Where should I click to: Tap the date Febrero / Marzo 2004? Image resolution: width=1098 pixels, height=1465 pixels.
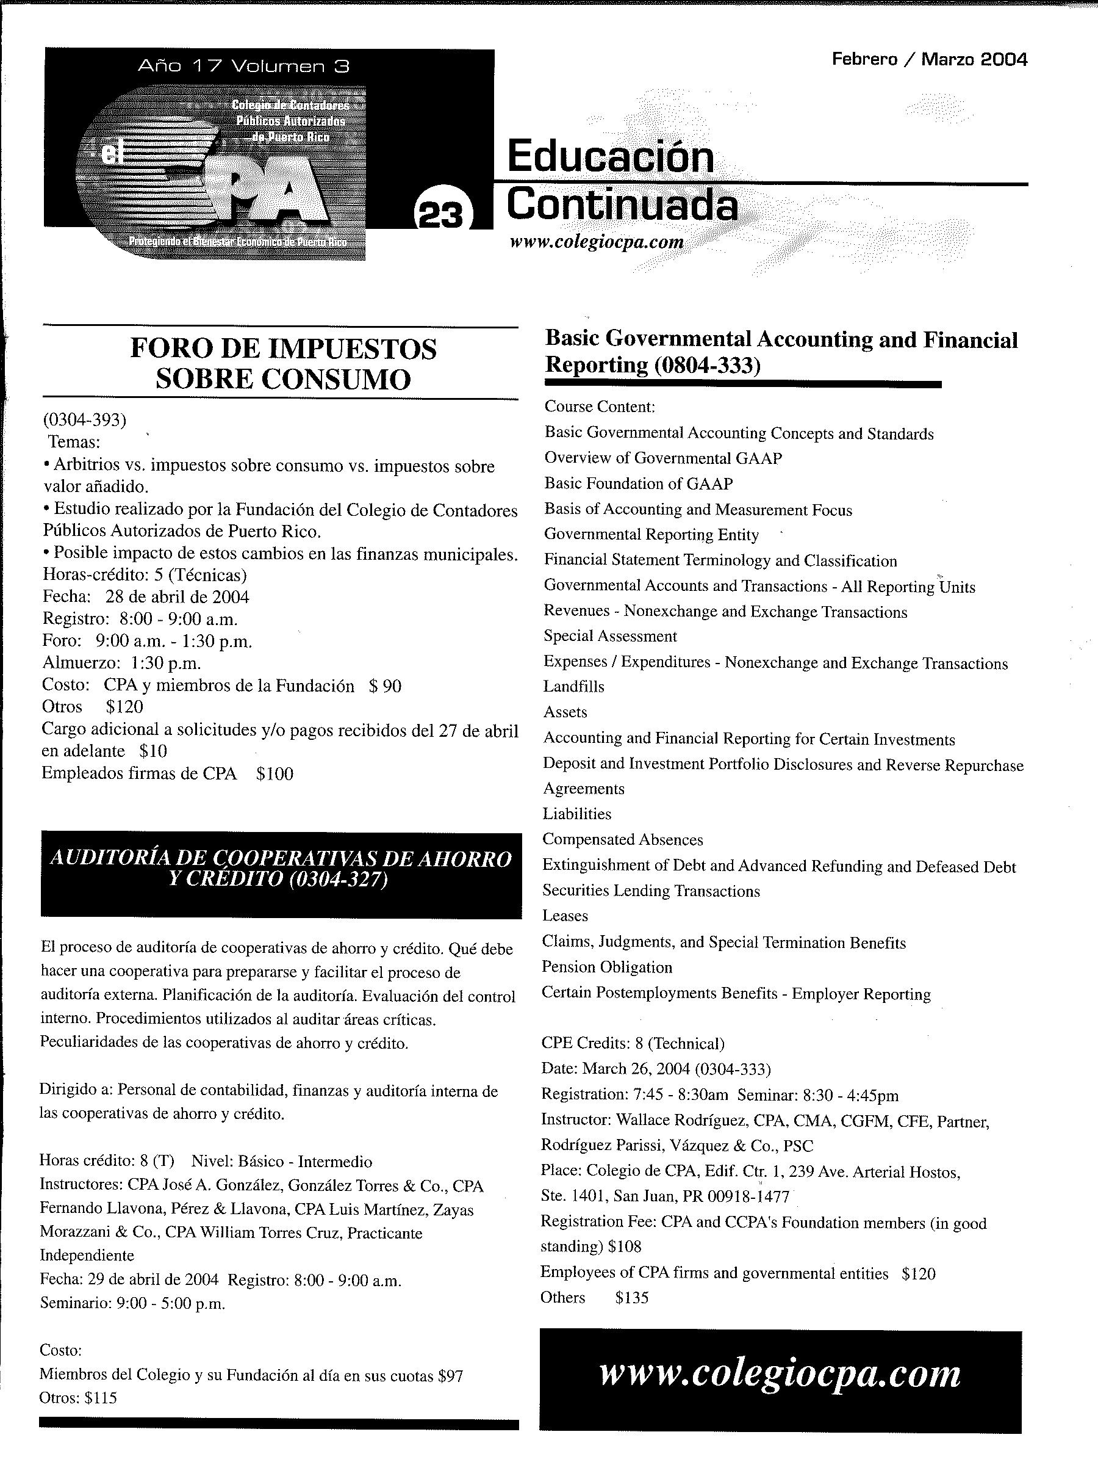(x=929, y=60)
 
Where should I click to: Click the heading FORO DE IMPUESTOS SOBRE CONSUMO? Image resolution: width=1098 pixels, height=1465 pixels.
(x=282, y=364)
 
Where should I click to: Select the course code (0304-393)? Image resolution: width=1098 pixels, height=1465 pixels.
(x=84, y=419)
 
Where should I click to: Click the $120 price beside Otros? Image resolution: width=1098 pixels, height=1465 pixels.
(x=124, y=707)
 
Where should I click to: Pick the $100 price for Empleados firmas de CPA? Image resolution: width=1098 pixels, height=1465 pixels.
(x=274, y=773)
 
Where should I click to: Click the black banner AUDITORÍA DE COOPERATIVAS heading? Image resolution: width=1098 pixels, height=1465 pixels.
(x=281, y=869)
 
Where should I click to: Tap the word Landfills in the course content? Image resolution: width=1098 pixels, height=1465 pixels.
(x=574, y=687)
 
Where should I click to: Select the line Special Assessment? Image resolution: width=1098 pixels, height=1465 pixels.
(x=610, y=637)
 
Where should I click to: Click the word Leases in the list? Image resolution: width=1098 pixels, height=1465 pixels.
(x=565, y=916)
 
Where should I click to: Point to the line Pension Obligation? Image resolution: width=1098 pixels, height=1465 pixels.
(x=607, y=968)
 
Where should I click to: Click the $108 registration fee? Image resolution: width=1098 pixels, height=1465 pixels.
(x=625, y=1247)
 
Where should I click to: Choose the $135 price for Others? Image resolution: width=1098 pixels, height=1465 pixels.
(x=631, y=1297)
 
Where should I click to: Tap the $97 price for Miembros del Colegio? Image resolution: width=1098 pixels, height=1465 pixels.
(x=450, y=1376)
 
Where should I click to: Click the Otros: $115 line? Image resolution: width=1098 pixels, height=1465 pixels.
(x=78, y=1398)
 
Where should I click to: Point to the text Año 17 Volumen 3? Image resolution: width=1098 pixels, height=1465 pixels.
(x=243, y=65)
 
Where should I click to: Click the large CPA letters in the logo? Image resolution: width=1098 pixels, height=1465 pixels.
(x=265, y=192)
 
